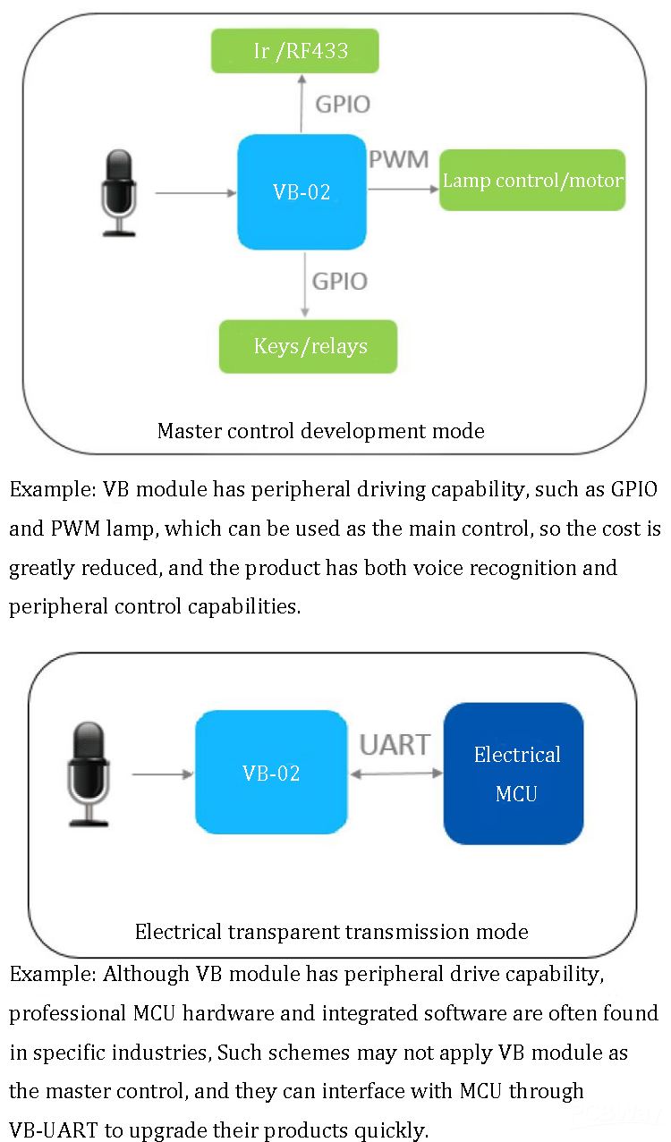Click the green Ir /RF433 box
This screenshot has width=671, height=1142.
coord(294,51)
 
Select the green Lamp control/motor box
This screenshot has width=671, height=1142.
coord(532,180)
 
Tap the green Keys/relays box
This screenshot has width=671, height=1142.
coord(309,346)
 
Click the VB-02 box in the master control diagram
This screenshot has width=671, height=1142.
coord(302,191)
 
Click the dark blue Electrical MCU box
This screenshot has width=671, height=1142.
coord(514,774)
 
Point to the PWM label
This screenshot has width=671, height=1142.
coord(399,160)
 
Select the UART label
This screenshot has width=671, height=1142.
coord(395,744)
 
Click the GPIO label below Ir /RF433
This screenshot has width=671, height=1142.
coord(343,104)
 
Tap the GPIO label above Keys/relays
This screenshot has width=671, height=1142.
coord(340,282)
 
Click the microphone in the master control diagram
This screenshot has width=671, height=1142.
coord(119,193)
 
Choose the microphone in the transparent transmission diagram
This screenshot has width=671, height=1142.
coord(88,774)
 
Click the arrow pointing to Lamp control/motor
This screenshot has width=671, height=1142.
coord(403,188)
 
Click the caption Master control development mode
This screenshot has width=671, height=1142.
coord(320,431)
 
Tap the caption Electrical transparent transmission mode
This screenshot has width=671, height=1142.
coord(331,932)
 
